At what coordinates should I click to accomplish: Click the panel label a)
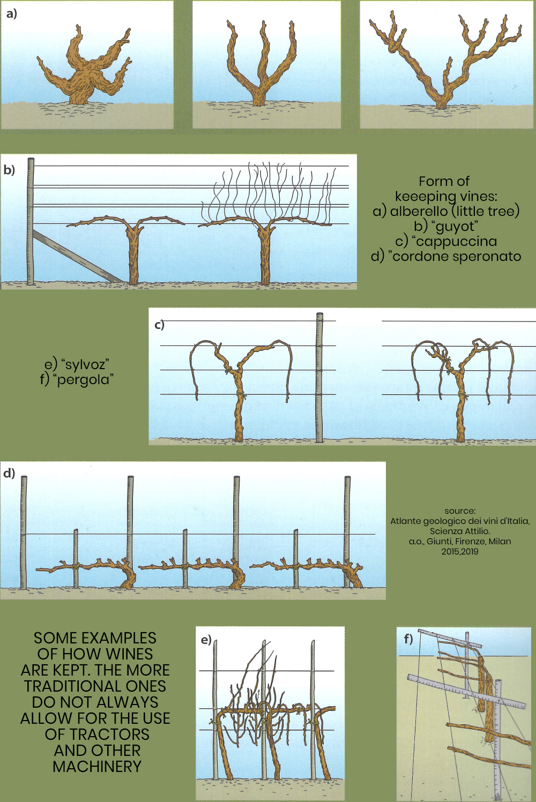pos(11,14)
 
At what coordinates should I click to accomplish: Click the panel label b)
pos(9,170)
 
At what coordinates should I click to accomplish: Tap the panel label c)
pos(159,325)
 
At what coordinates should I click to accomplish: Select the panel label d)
pos(9,473)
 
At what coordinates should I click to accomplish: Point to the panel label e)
pos(206,640)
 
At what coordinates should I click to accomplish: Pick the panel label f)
pos(408,639)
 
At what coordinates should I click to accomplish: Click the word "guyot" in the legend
pos(455,226)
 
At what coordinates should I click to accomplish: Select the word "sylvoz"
pos(85,364)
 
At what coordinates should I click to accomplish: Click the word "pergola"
pos(85,379)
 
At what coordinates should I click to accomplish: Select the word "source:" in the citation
pos(460,511)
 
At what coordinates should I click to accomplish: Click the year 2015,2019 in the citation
pos(460,551)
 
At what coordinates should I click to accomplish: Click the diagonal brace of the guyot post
pos(77,256)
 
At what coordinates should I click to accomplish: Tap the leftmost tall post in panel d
pos(24,533)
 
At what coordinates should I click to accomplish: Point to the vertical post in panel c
pos(319,378)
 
